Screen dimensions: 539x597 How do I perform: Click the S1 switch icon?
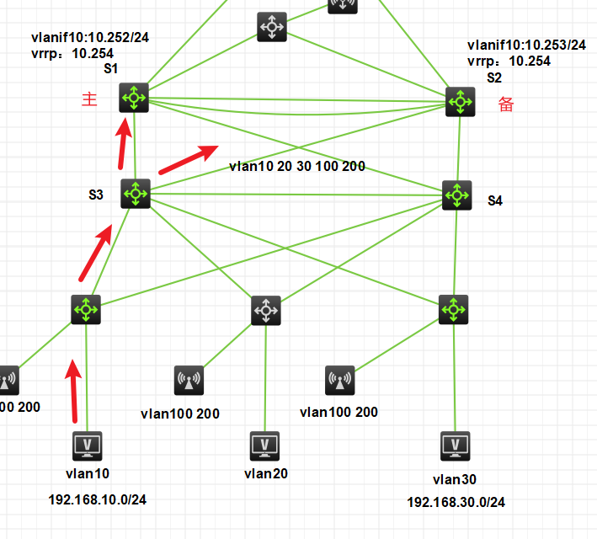(134, 98)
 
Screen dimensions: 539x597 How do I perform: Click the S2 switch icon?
(461, 102)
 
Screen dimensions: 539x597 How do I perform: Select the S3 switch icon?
(135, 194)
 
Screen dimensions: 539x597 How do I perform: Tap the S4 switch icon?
(457, 195)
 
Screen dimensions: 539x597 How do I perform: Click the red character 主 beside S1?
(89, 99)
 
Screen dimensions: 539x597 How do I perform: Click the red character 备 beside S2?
(506, 104)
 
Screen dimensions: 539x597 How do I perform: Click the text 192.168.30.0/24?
(456, 502)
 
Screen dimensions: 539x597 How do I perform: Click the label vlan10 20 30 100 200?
(297, 167)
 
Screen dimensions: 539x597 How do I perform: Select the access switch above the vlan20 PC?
(266, 311)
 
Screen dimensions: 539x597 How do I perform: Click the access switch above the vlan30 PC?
(455, 310)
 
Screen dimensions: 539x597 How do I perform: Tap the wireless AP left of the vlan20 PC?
(188, 381)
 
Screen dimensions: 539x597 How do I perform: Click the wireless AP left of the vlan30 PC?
(340, 381)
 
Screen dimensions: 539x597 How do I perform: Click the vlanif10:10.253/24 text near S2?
(526, 45)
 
